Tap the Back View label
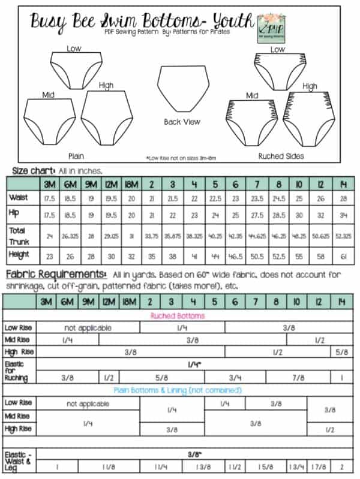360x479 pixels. click(x=181, y=122)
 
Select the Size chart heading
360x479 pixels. click(x=34, y=170)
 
